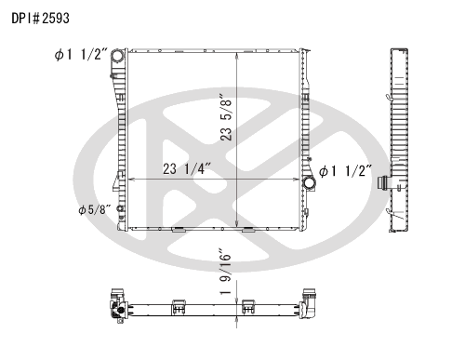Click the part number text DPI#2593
pyautogui.click(x=39, y=17)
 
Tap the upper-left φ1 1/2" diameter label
pyautogui.click(x=81, y=56)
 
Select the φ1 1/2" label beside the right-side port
pyautogui.click(x=346, y=171)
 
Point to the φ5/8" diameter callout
pyautogui.click(x=97, y=209)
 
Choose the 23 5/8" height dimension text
pyautogui.click(x=226, y=117)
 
